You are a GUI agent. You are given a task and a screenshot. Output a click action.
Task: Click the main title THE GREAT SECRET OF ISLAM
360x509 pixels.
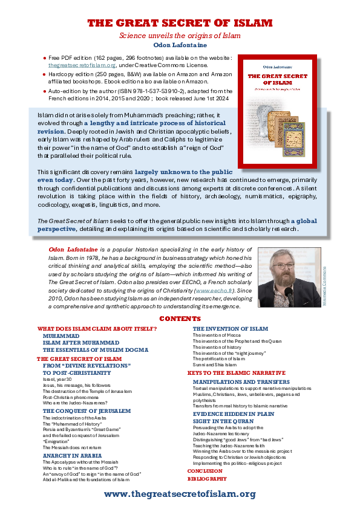[x=180, y=24]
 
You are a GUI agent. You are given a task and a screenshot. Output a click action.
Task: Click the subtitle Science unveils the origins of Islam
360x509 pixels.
[x=180, y=36]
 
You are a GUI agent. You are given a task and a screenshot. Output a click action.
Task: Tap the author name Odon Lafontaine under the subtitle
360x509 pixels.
[x=180, y=45]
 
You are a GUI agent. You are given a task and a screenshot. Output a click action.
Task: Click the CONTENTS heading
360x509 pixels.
[x=180, y=319]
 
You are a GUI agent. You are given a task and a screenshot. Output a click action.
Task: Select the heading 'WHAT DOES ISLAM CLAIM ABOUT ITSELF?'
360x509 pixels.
[x=97, y=328]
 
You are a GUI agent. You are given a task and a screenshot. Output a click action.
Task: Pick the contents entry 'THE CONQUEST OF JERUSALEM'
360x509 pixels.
[x=87, y=410]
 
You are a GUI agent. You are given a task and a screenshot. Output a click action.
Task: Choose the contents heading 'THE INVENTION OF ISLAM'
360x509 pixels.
[x=230, y=328]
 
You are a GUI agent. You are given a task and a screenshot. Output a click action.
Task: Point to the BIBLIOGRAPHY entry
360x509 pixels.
[x=207, y=478]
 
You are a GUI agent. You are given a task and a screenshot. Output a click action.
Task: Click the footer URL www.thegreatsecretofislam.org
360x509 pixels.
[x=180, y=494]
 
